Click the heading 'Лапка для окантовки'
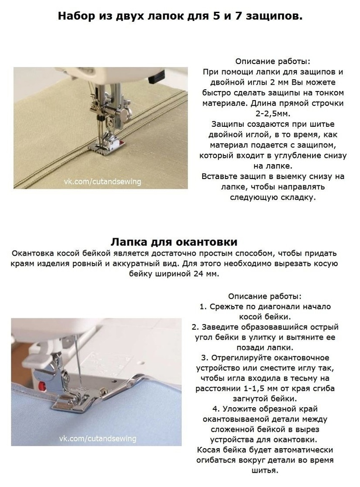coord(174,242)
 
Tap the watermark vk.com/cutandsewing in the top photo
coord(102,182)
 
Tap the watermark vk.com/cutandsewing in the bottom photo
coord(97,438)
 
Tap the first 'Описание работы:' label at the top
coord(273,61)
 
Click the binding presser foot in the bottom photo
coord(72,397)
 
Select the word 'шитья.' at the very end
coord(264,470)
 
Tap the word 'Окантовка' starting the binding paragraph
coord(33,253)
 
